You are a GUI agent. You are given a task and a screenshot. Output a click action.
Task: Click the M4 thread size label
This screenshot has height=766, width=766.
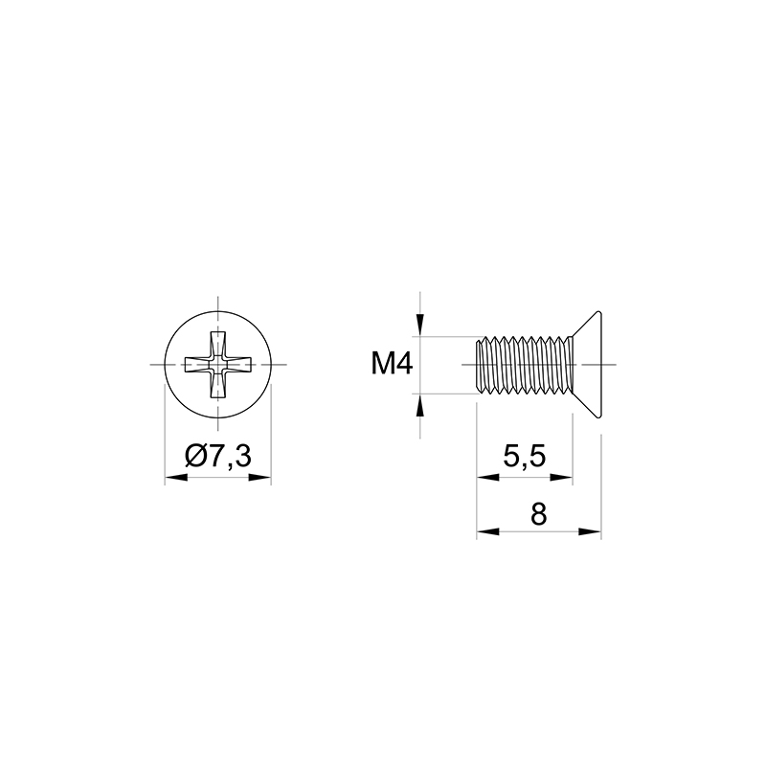click(x=393, y=365)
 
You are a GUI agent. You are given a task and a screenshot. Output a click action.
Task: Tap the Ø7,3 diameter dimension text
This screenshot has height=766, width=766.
click(x=218, y=457)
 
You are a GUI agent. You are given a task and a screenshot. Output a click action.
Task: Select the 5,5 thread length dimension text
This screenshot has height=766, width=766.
click(x=524, y=458)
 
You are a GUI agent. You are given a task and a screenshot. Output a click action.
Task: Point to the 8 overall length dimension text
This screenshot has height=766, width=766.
click(x=538, y=514)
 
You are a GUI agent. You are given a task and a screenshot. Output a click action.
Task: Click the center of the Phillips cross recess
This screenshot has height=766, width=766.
click(x=218, y=365)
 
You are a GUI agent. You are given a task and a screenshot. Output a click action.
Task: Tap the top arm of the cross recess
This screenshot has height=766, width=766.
click(x=218, y=344)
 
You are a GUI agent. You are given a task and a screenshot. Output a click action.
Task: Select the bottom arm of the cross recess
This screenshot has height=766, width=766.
click(x=218, y=385)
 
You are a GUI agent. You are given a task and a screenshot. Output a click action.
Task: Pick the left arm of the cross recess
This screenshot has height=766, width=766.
click(x=197, y=365)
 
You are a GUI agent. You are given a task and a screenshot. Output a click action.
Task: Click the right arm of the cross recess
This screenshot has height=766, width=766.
click(x=238, y=365)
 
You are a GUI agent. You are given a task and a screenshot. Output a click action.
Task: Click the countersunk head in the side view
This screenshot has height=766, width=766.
click(x=588, y=365)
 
